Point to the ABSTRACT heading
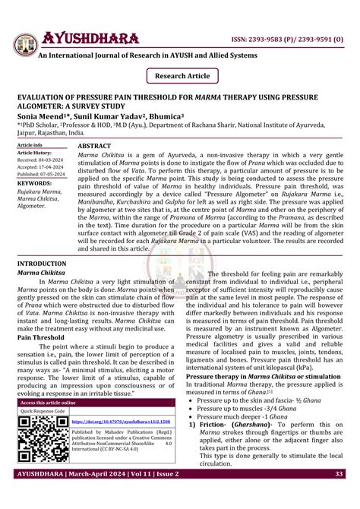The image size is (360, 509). coord(95,144)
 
